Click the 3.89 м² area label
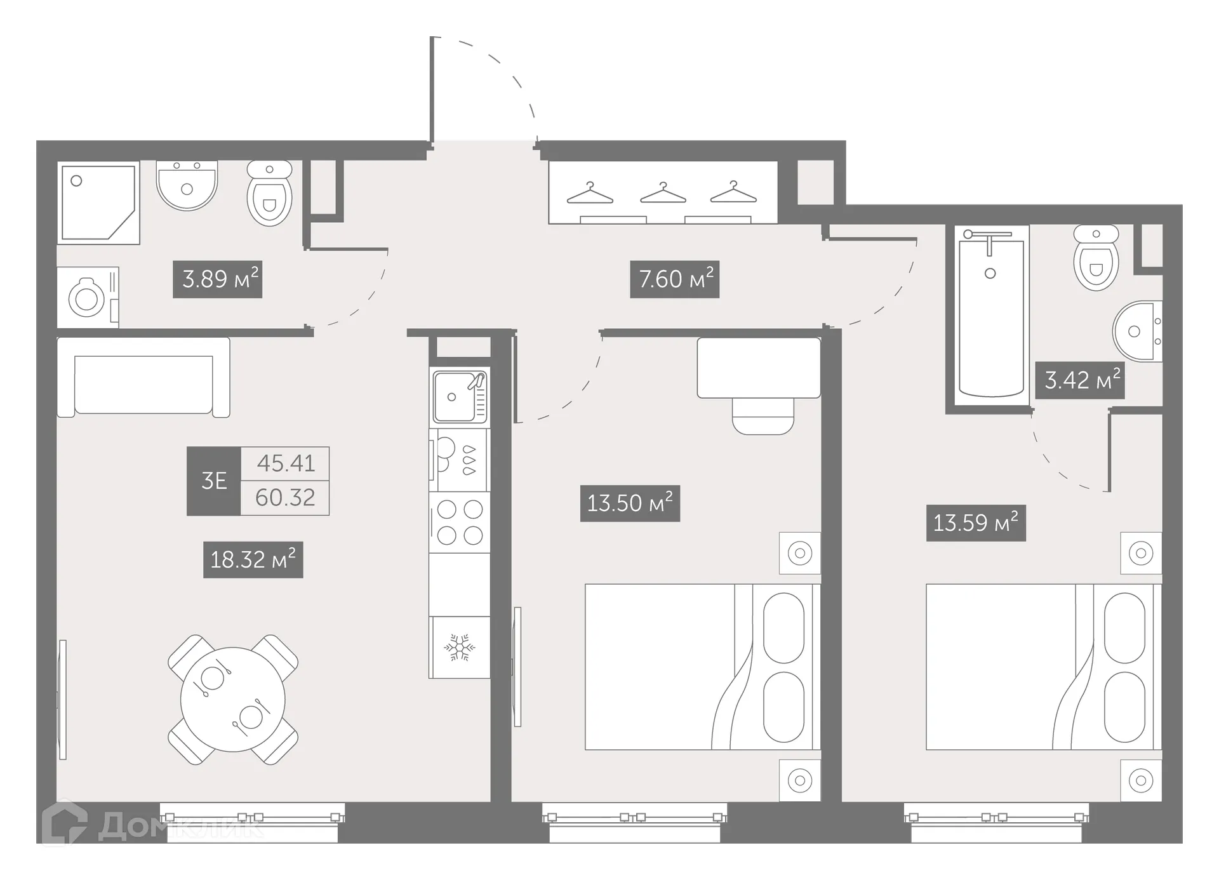pos(218,279)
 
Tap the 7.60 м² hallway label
pos(674,279)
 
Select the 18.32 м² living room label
pos(253,559)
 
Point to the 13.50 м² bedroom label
pos(630,503)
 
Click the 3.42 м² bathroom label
pos(1080,380)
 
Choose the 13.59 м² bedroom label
pos(976,523)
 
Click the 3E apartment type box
pos(214,481)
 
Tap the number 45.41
pos(286,463)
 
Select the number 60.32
pos(285,498)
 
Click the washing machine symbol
pos(88,298)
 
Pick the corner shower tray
pos(98,202)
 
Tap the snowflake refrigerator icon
pos(459,647)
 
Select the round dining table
pos(232,699)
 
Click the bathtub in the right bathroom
pos(990,317)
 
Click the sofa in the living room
pos(143,377)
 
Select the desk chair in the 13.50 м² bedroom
pos(763,416)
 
